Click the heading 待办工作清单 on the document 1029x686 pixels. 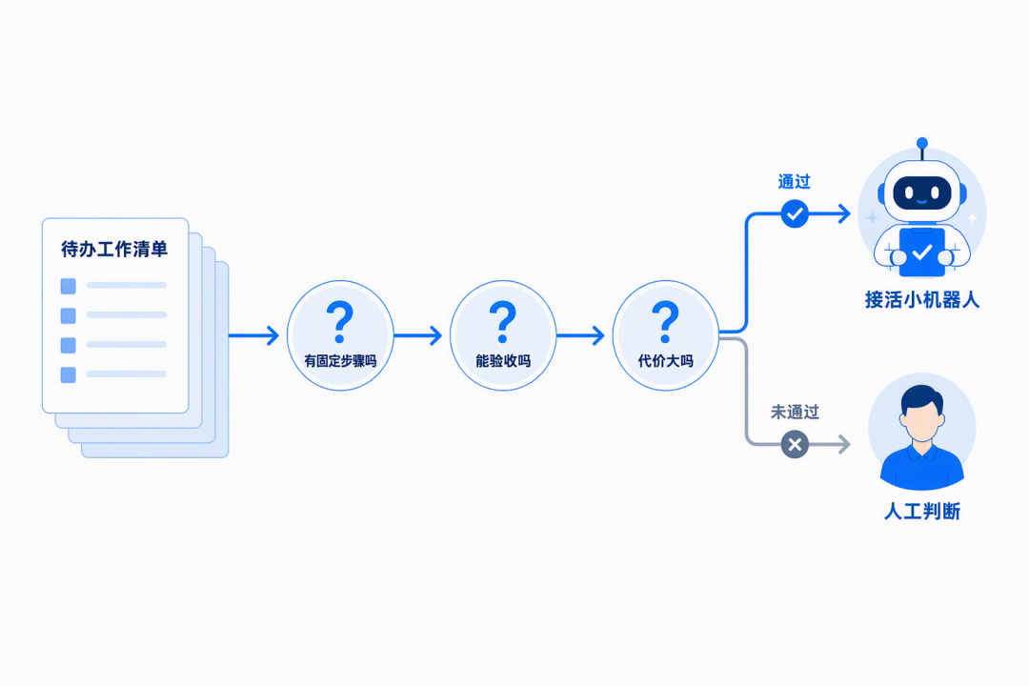[114, 250]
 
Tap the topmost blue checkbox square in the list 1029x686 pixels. [69, 286]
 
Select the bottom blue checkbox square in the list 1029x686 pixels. [69, 374]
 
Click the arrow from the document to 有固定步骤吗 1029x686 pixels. [254, 335]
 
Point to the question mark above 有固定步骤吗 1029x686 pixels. [340, 322]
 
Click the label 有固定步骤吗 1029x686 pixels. [340, 361]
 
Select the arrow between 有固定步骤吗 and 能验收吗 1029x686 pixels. [418, 335]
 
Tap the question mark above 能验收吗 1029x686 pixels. [503, 322]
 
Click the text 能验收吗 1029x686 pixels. [503, 361]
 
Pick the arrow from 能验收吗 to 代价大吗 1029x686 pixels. [581, 335]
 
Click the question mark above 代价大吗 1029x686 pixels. [665, 322]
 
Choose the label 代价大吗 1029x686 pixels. [665, 361]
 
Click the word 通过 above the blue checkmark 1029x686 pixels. [794, 182]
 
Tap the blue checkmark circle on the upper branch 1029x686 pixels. [795, 214]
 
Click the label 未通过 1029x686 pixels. [795, 413]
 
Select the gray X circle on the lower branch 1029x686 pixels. [795, 444]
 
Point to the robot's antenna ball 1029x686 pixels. [922, 143]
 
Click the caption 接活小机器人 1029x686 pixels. [922, 300]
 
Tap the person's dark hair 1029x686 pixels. [922, 399]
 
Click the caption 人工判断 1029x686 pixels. [922, 512]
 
